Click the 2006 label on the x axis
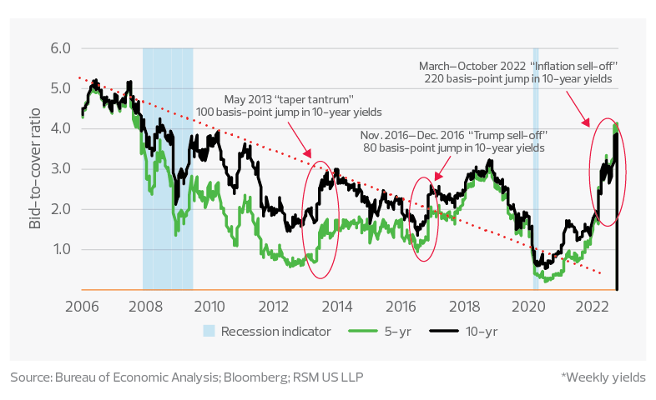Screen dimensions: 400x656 point(80,306)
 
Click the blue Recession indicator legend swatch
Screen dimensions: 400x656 point(212,332)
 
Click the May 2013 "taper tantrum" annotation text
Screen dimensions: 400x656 point(289,104)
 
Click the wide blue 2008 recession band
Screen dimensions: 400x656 point(168,167)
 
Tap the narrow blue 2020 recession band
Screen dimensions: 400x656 point(536,167)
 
